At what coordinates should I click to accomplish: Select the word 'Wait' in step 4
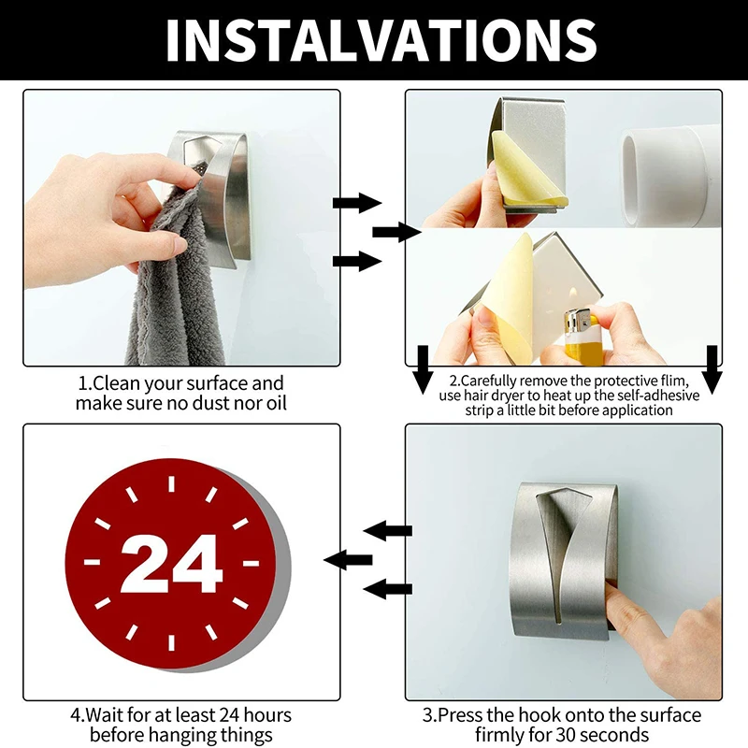point(104,716)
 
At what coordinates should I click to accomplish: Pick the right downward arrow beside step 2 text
point(712,368)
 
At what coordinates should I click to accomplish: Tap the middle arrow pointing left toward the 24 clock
point(345,560)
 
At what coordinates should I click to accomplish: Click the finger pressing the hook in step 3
point(654,617)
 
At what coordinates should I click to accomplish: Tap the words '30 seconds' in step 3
point(604,736)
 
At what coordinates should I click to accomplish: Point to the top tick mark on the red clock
point(172,484)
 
